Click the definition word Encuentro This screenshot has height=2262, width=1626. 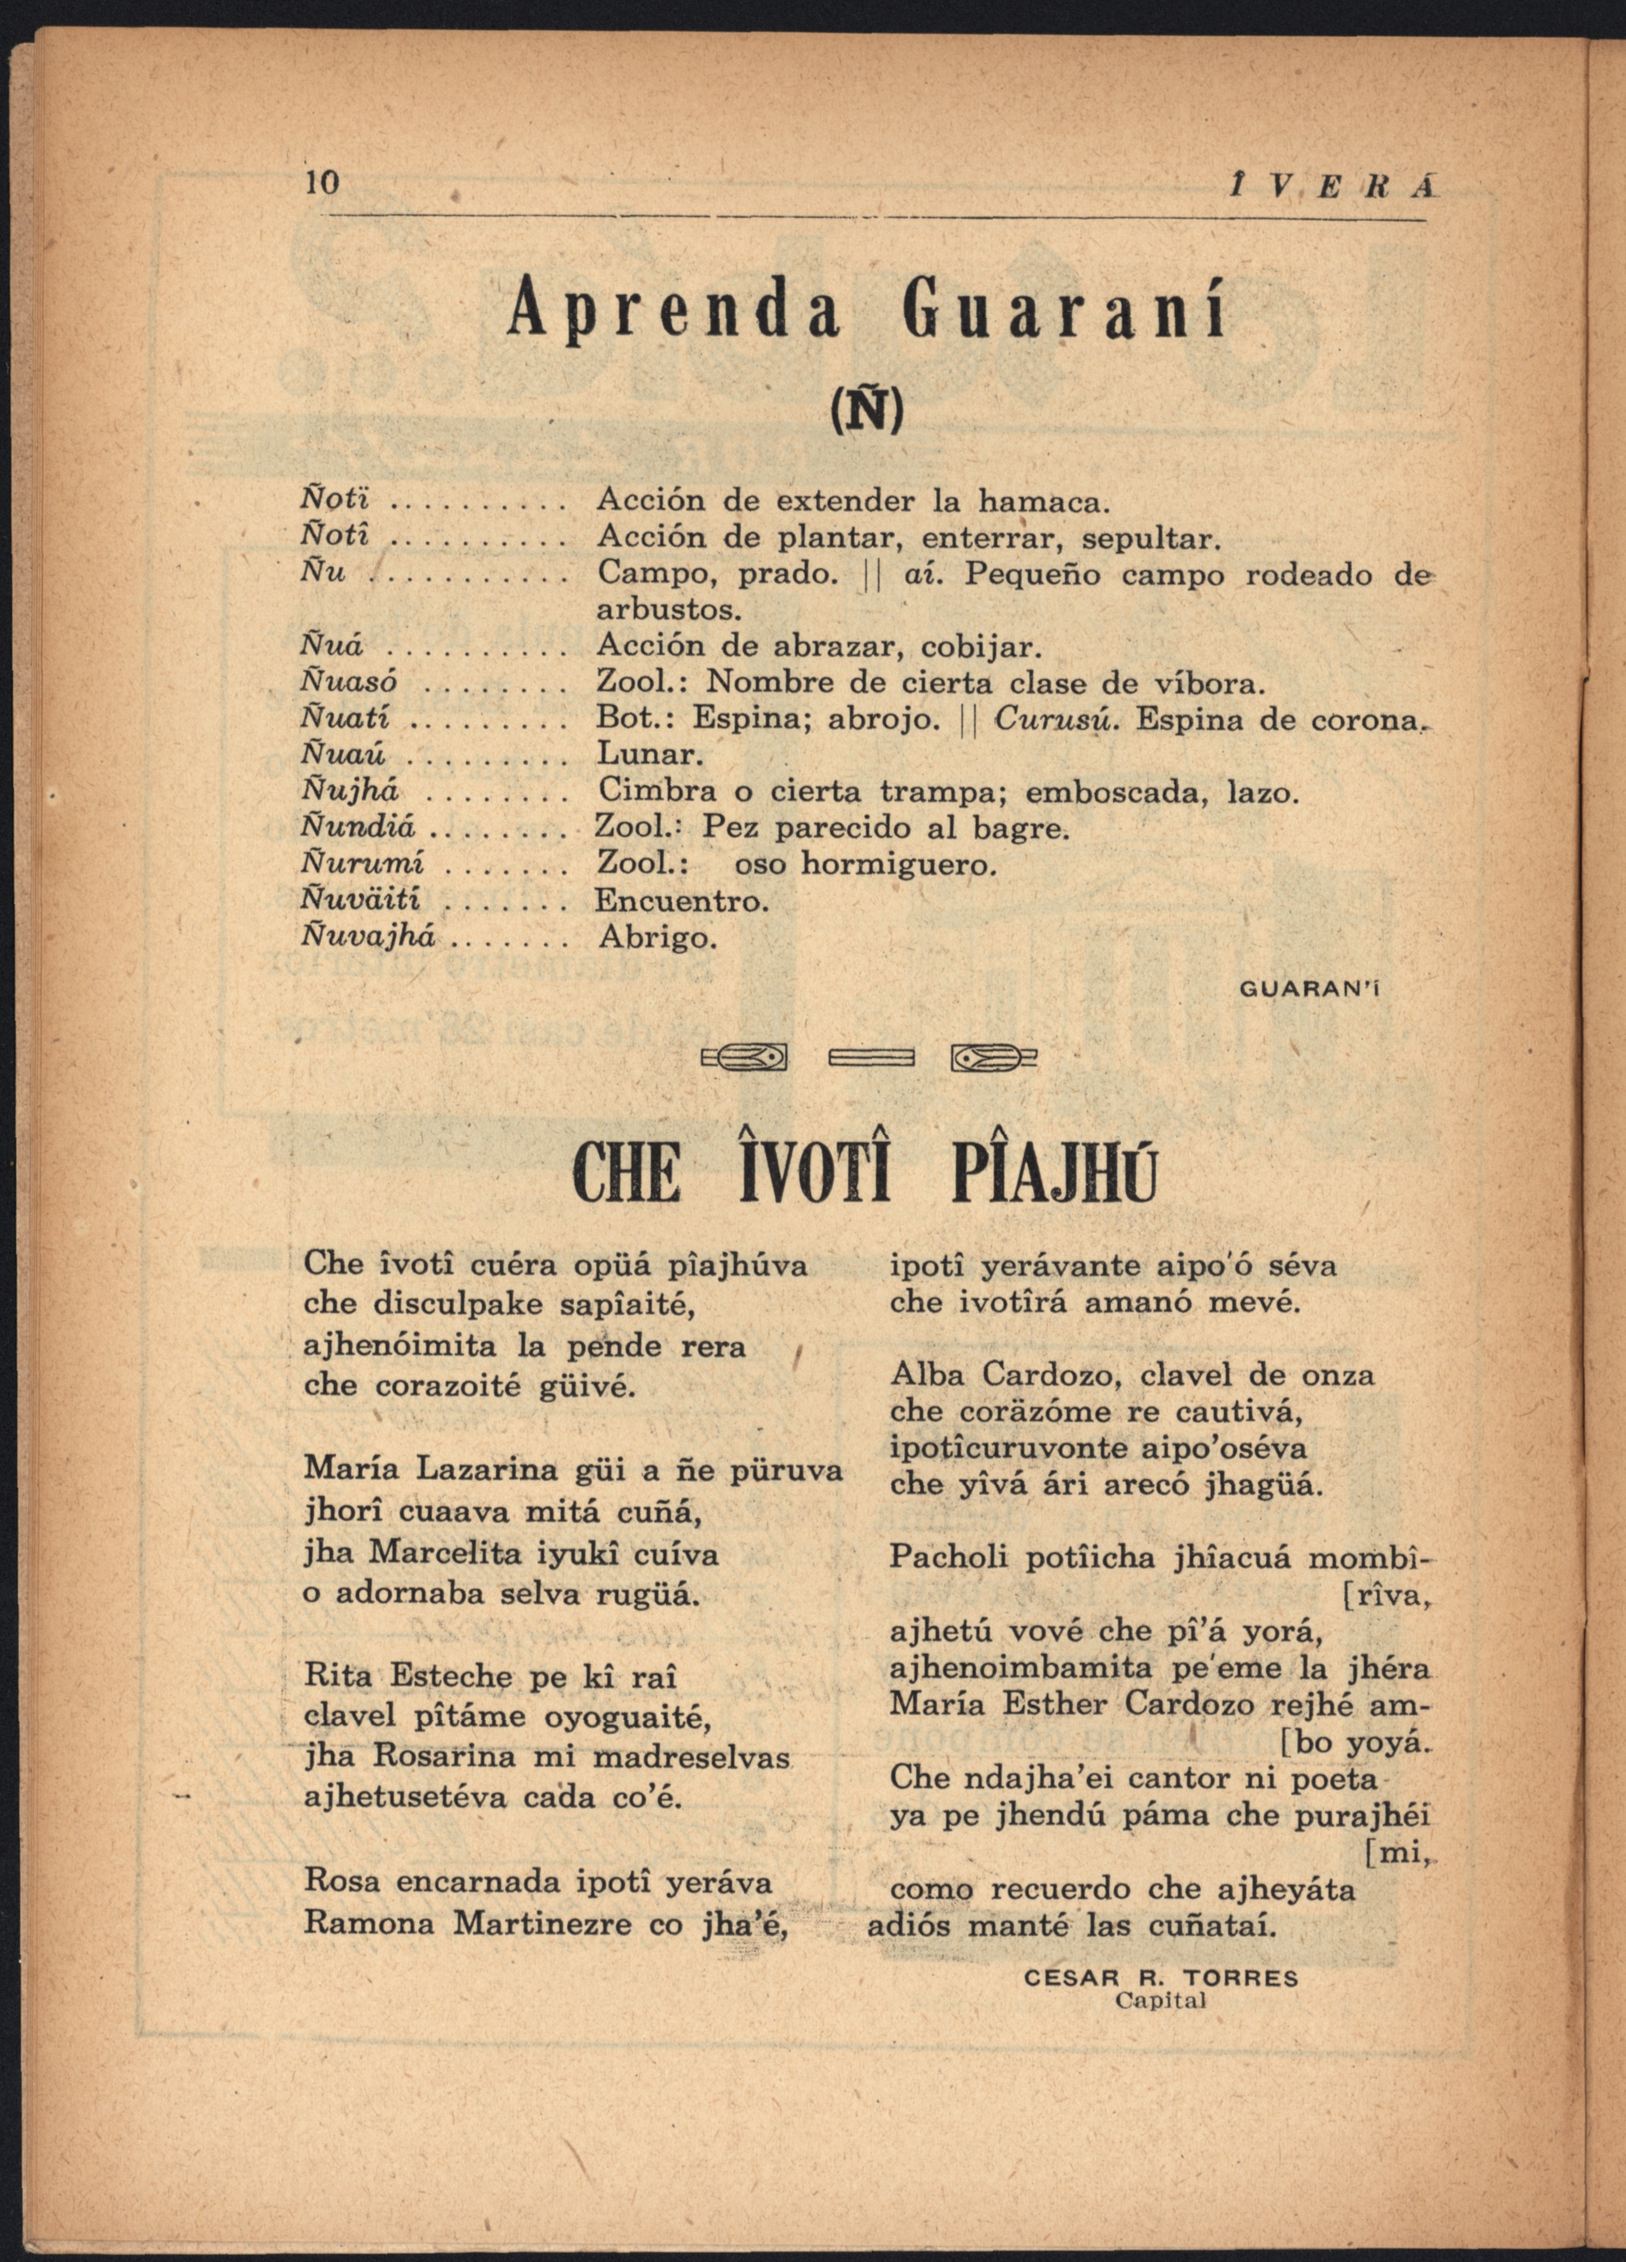(x=682, y=901)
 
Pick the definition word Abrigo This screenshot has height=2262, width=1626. (x=658, y=937)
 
